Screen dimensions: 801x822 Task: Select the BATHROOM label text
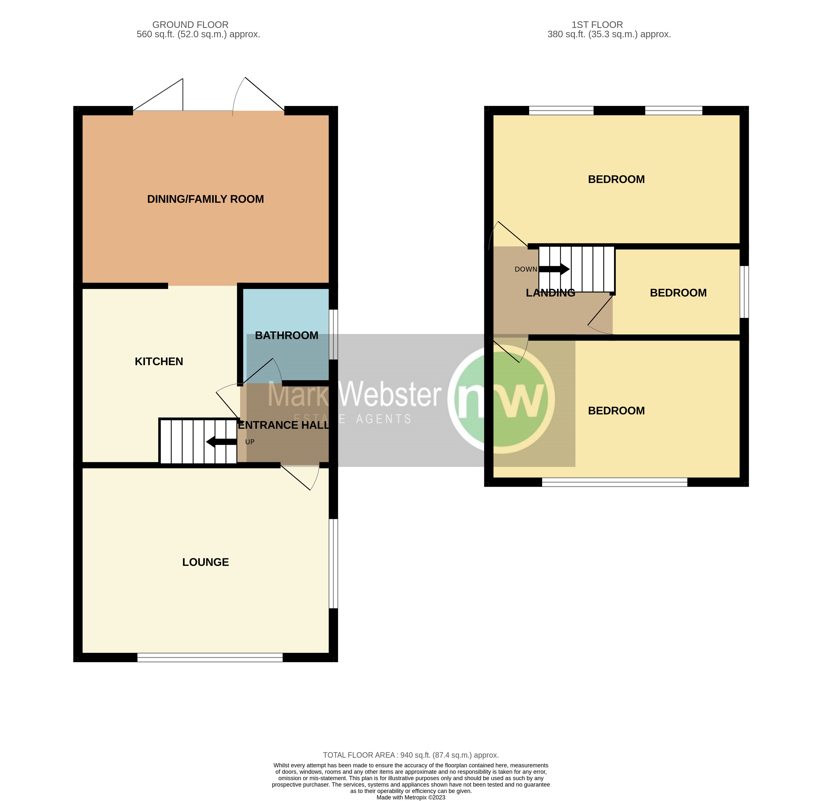point(286,335)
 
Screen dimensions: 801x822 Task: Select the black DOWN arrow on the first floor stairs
point(554,269)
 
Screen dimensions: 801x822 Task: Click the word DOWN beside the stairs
point(525,269)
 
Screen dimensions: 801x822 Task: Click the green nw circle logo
point(501,400)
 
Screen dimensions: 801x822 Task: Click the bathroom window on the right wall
point(333,334)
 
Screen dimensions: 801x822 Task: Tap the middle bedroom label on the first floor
point(678,293)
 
